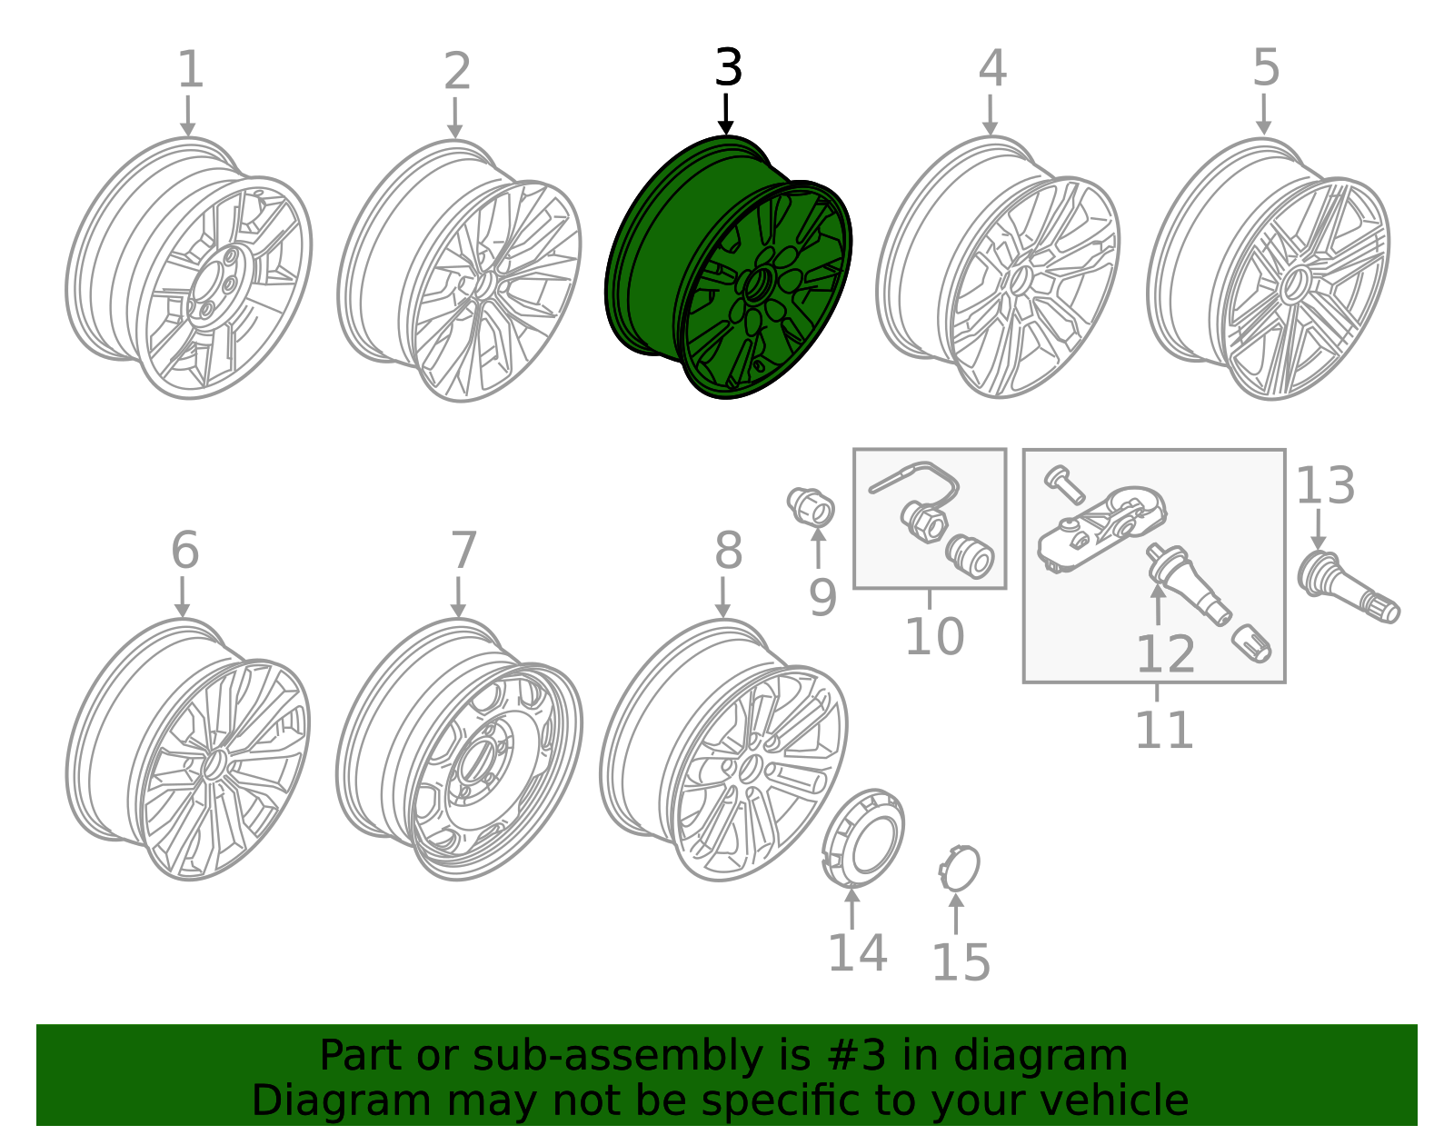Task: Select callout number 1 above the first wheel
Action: point(190,70)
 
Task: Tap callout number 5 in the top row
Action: point(1266,68)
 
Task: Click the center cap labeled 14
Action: point(864,836)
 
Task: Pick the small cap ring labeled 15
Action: point(960,869)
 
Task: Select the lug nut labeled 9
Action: point(811,505)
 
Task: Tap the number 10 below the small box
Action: point(934,636)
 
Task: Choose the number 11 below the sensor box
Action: point(1164,730)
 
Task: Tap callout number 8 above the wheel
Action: point(728,551)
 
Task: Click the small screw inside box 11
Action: point(1063,483)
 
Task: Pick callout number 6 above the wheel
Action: point(184,551)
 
